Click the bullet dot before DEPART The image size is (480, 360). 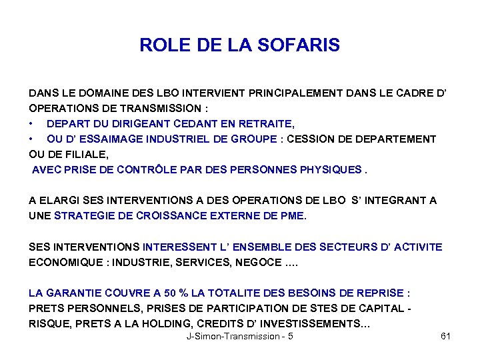tap(31, 124)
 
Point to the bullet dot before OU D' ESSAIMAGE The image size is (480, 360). tap(31, 139)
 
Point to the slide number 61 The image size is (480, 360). tap(446, 337)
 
